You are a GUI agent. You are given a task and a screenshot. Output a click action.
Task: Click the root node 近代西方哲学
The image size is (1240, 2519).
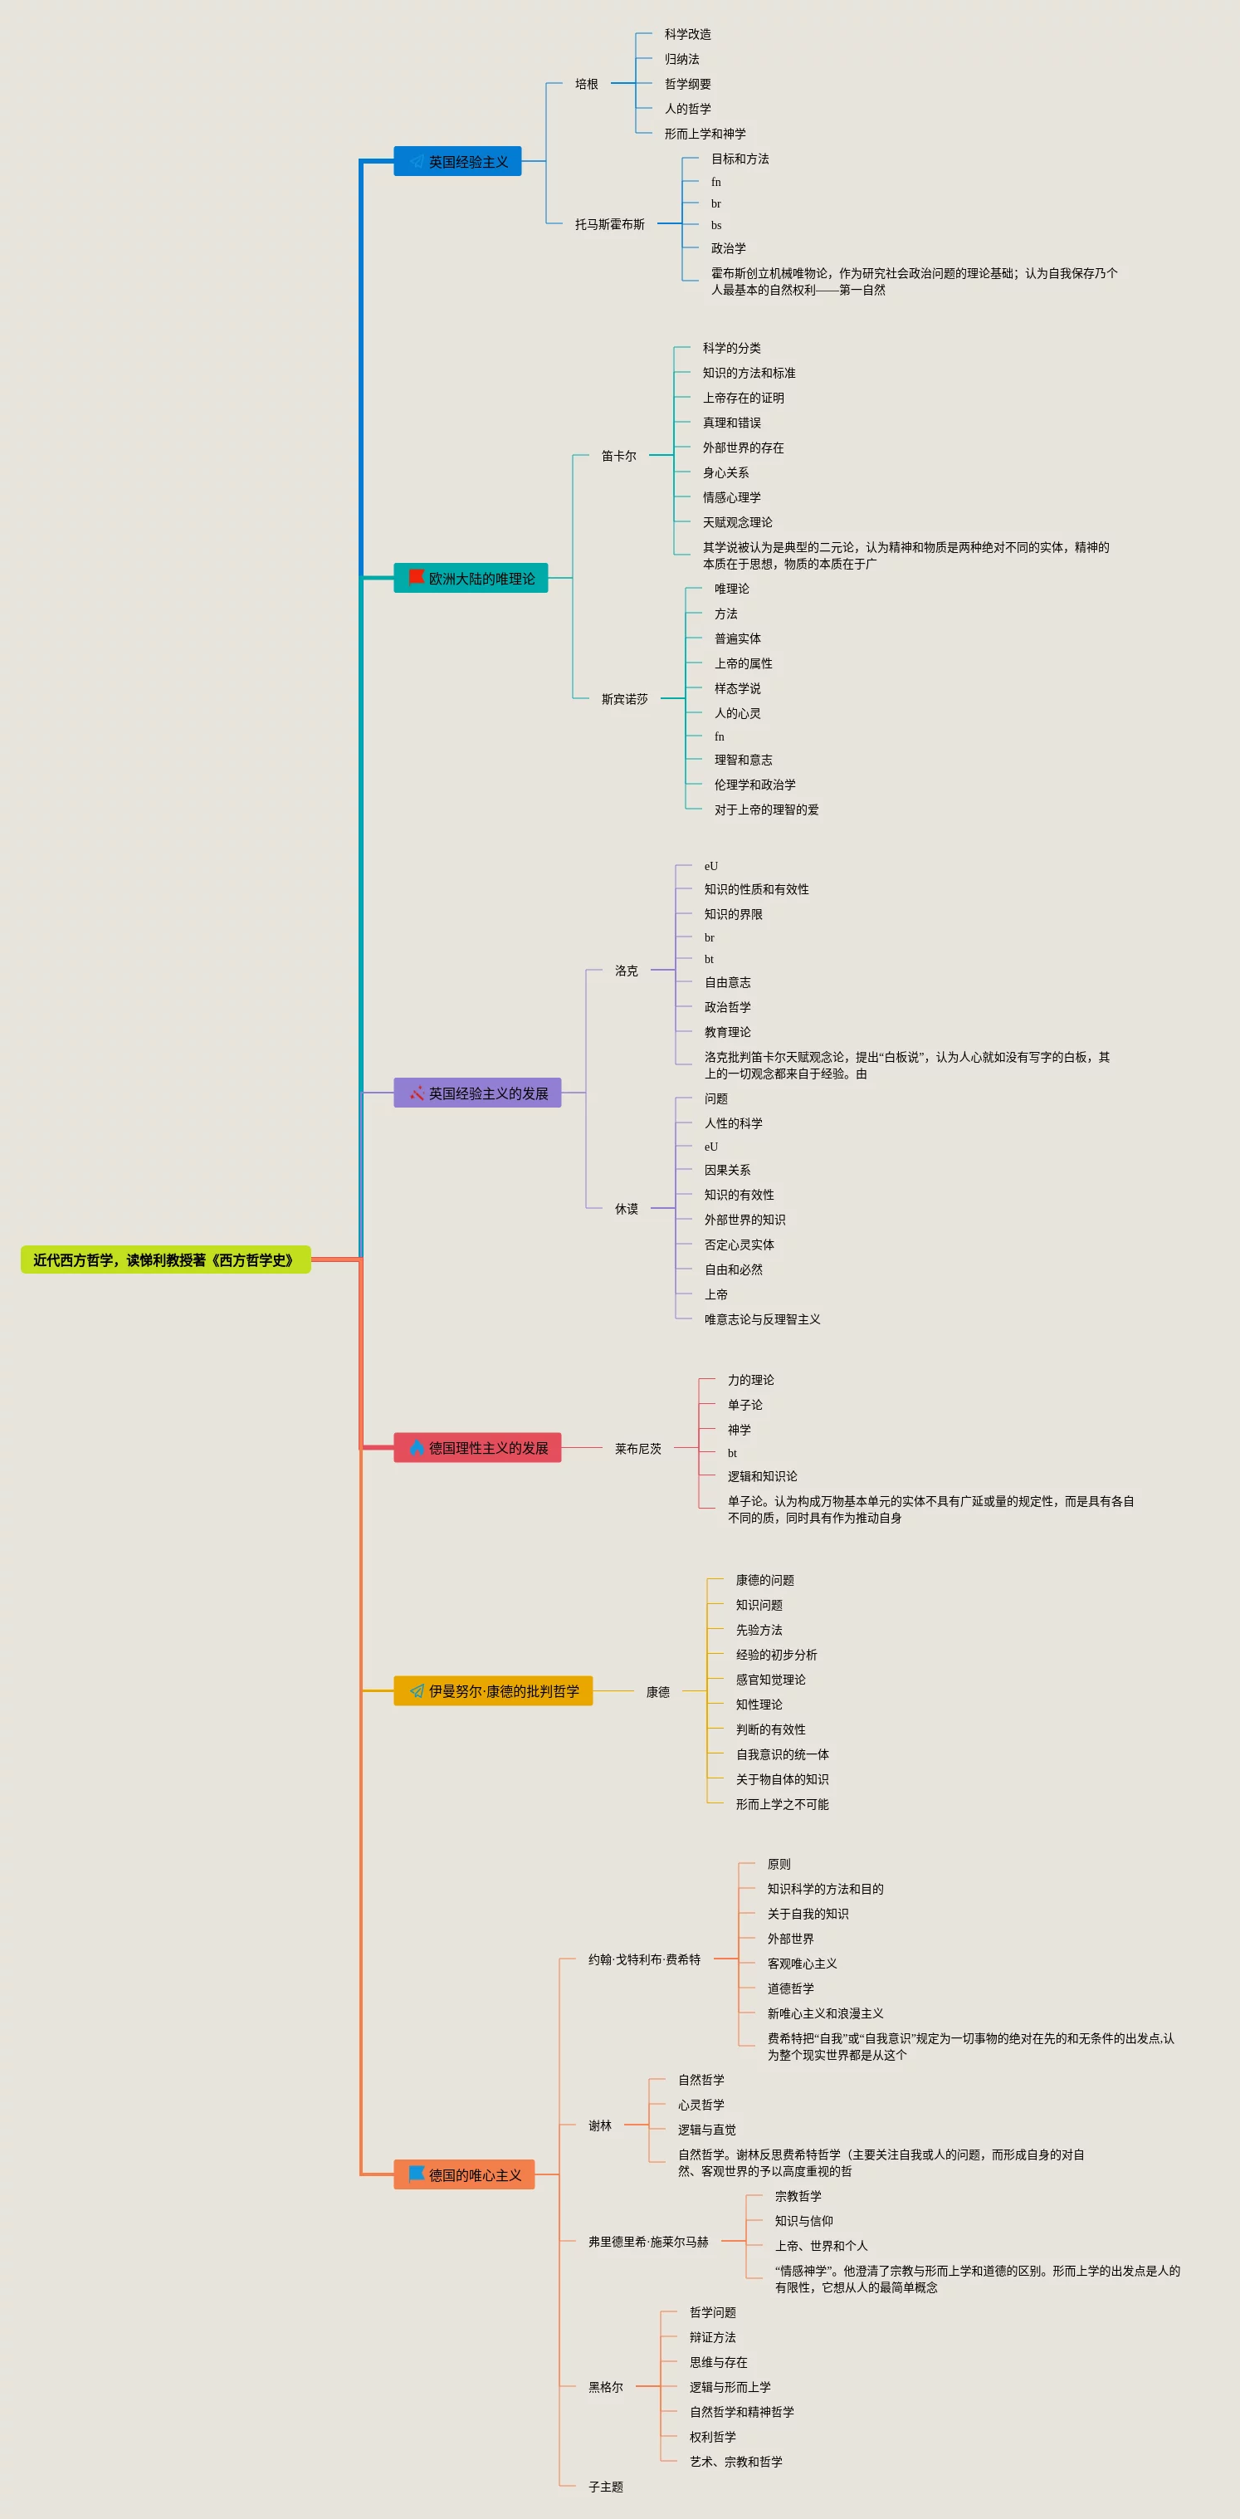coord(165,1259)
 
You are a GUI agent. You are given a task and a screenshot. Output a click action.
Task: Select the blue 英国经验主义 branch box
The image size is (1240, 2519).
coord(456,161)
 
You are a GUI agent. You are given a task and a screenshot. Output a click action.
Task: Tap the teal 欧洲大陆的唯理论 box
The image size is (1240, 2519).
coord(471,578)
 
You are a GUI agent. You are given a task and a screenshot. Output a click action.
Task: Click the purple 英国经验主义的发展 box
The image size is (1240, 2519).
coord(477,1093)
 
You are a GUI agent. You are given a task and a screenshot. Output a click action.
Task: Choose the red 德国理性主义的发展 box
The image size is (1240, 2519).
coord(477,1447)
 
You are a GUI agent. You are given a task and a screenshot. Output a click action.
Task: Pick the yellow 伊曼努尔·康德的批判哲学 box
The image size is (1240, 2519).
coord(493,1690)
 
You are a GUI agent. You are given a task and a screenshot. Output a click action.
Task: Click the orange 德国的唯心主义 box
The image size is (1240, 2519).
coord(463,2174)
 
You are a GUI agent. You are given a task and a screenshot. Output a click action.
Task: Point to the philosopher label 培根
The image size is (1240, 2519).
coord(587,84)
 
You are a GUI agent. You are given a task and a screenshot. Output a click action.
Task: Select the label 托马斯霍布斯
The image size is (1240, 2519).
coord(610,224)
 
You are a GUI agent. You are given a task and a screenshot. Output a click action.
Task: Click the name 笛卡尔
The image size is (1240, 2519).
coord(619,456)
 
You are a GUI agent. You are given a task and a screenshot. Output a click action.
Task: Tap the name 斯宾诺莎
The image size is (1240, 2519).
coord(625,699)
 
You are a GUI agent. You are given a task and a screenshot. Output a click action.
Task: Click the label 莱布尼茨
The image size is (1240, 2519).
coord(638,1448)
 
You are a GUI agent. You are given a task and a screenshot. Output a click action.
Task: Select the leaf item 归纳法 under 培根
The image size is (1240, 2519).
coord(682,59)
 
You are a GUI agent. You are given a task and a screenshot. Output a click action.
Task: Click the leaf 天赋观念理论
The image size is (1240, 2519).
coord(737,522)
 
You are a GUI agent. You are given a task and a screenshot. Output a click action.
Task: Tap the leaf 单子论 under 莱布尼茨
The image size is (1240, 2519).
coord(745,1404)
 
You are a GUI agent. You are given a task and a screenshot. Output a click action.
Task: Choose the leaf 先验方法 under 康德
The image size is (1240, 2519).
coord(759,1630)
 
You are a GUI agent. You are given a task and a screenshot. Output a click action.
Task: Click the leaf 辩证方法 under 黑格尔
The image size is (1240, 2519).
coord(713,2337)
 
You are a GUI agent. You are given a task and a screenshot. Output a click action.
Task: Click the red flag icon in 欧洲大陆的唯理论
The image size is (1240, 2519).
coord(417,577)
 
